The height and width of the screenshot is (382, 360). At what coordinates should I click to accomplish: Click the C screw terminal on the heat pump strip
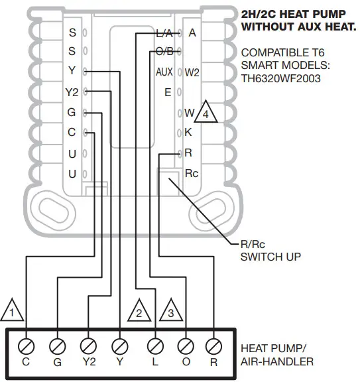pyautogui.click(x=27, y=346)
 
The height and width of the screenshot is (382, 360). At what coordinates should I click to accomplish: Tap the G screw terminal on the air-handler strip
pyautogui.click(x=58, y=346)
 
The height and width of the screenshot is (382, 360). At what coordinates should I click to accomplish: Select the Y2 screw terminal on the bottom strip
pyautogui.click(x=88, y=346)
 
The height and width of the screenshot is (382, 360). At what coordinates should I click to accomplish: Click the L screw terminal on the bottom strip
pyautogui.click(x=155, y=346)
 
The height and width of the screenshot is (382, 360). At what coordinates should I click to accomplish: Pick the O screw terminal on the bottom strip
pyautogui.click(x=186, y=346)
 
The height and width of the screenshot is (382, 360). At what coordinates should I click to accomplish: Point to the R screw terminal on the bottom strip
pyautogui.click(x=213, y=346)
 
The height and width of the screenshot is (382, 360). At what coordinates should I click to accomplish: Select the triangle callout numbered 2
pyautogui.click(x=138, y=310)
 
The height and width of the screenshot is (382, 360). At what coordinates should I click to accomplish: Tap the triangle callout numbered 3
pyautogui.click(x=170, y=310)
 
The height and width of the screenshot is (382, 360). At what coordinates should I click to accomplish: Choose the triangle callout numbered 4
pyautogui.click(x=206, y=113)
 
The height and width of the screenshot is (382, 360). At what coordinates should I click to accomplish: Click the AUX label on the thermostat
pyautogui.click(x=164, y=72)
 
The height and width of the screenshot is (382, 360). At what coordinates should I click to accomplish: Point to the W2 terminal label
pyautogui.click(x=192, y=72)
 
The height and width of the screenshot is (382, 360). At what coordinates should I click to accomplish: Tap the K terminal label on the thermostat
pyautogui.click(x=188, y=132)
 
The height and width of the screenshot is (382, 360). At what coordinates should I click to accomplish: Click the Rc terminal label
pyautogui.click(x=192, y=174)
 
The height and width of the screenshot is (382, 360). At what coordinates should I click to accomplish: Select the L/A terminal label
pyautogui.click(x=164, y=32)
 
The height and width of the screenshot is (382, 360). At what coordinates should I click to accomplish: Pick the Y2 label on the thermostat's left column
pyautogui.click(x=72, y=92)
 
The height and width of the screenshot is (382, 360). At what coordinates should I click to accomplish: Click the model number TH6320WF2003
pyautogui.click(x=281, y=78)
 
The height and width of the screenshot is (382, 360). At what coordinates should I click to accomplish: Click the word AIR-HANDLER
pyautogui.click(x=277, y=361)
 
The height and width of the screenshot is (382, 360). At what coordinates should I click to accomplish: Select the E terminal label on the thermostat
pyautogui.click(x=168, y=92)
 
